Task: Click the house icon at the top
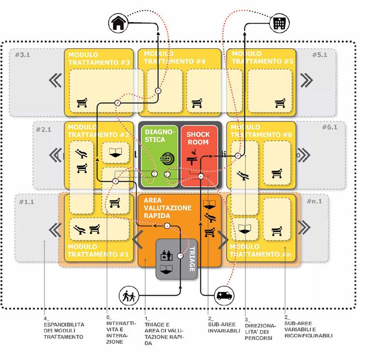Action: (x=117, y=23)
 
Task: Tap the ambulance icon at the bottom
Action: (x=225, y=295)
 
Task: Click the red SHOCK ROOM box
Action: (x=200, y=155)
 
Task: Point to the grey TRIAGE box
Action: (x=177, y=259)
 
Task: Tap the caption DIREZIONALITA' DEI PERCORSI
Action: (x=258, y=329)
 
